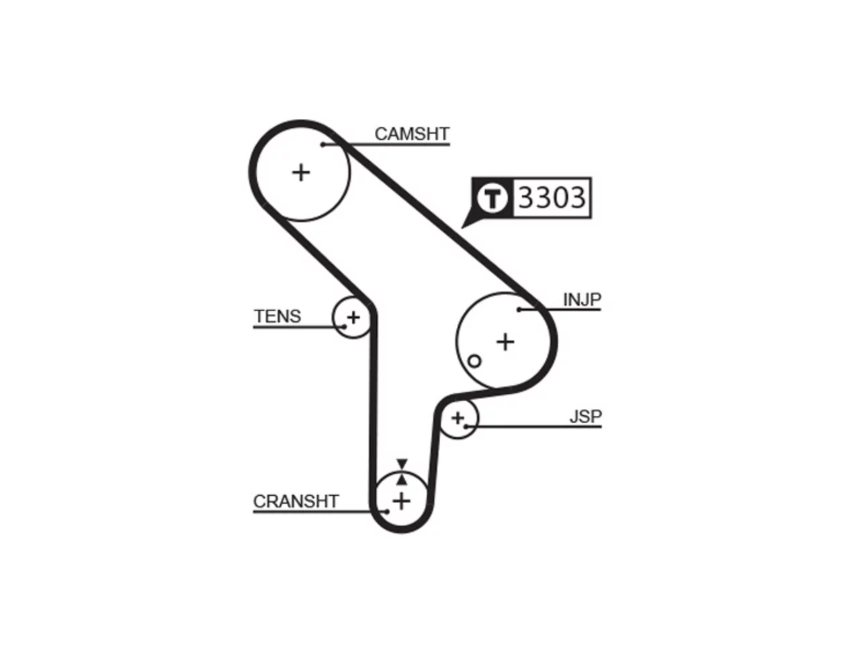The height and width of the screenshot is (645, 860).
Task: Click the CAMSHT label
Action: (x=412, y=134)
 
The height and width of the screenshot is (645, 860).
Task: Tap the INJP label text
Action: (x=582, y=300)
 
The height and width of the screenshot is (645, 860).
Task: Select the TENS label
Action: (x=277, y=316)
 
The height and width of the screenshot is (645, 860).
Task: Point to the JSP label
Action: (x=586, y=417)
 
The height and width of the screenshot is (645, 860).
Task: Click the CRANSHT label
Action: (x=296, y=501)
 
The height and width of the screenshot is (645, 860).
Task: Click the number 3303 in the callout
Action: (x=552, y=198)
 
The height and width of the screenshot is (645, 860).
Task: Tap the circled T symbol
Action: (x=492, y=198)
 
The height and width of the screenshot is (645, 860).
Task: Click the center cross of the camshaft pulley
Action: (x=301, y=173)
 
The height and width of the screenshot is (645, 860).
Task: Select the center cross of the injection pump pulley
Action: (x=505, y=342)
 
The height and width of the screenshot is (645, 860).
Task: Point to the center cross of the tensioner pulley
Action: (x=353, y=317)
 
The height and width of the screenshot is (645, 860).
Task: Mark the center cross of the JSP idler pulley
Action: (x=458, y=418)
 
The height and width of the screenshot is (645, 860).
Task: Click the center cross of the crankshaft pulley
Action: (x=401, y=501)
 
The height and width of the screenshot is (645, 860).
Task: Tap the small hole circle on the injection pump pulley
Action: (x=474, y=361)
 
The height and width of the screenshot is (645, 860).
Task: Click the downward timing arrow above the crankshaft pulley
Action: (x=402, y=464)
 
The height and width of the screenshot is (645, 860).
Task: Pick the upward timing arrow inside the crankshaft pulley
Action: (x=402, y=480)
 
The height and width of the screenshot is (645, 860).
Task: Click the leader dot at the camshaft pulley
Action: (x=323, y=144)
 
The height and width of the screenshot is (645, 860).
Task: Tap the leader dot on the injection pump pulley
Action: (x=519, y=310)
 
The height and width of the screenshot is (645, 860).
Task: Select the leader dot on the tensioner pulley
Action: (x=345, y=327)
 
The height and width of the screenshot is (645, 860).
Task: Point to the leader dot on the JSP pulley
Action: (x=466, y=427)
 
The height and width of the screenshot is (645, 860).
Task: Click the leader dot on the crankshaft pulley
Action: (x=387, y=511)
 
